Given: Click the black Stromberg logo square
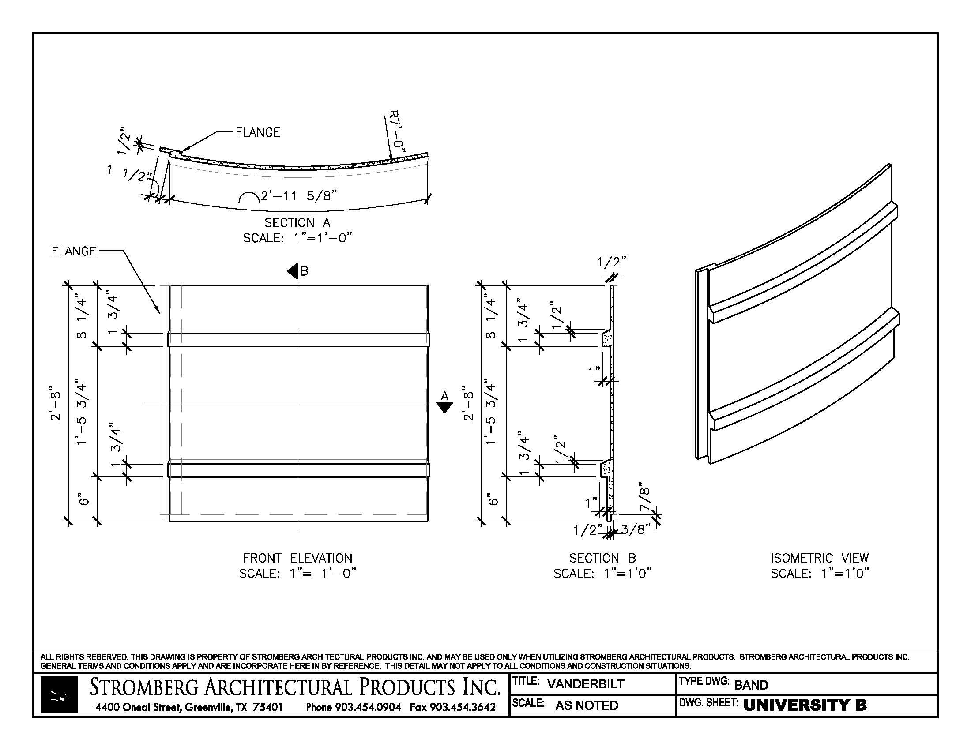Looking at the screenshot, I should click(59, 694).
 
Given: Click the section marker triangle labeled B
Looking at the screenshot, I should click(293, 270).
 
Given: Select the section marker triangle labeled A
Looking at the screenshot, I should click(444, 407).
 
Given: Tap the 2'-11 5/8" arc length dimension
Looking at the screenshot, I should click(298, 196).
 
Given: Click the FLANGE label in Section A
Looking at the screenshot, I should click(258, 132).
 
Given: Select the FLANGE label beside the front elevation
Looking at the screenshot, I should click(74, 251).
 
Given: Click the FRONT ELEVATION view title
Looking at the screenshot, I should click(297, 558).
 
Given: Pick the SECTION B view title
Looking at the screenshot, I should click(602, 558).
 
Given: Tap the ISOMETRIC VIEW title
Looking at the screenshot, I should click(820, 558).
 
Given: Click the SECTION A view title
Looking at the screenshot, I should click(297, 222).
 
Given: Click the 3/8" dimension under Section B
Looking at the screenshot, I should click(636, 529).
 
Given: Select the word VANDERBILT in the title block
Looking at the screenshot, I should click(586, 684).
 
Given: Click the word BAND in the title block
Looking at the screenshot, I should click(751, 685).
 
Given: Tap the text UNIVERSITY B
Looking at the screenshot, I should click(805, 705).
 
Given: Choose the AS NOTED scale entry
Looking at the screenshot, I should click(587, 705).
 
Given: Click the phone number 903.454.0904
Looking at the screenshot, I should click(368, 707).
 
